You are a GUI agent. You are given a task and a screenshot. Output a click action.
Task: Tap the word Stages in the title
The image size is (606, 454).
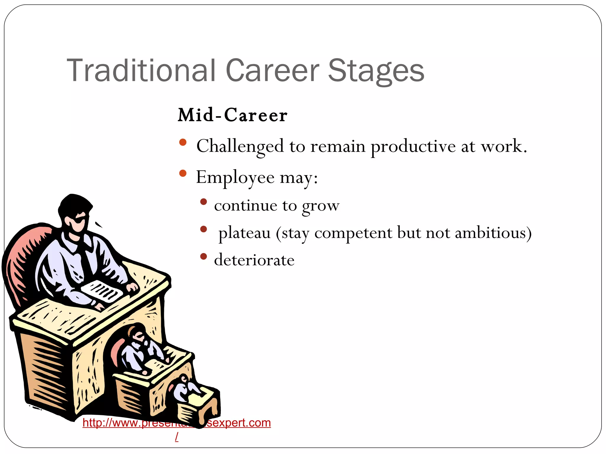[376, 71]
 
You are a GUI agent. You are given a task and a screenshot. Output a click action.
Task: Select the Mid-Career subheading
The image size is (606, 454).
[232, 115]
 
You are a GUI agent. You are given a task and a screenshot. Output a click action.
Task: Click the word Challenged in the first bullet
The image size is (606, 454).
[240, 146]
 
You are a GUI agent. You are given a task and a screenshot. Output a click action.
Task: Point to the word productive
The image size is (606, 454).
[413, 146]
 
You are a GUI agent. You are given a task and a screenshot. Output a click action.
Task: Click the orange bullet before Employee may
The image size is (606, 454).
[183, 173]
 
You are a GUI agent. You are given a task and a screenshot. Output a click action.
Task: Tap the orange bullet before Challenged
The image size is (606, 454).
[183, 142]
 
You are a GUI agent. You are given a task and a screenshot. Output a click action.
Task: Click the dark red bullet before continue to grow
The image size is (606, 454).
[203, 202]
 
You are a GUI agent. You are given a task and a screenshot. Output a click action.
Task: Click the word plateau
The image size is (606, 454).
[244, 233]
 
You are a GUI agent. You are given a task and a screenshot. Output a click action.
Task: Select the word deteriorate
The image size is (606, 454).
[254, 260]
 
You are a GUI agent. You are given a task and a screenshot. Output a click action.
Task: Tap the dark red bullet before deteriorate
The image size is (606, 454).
[203, 256]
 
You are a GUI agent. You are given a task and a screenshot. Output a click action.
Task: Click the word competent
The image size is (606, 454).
[353, 233]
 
